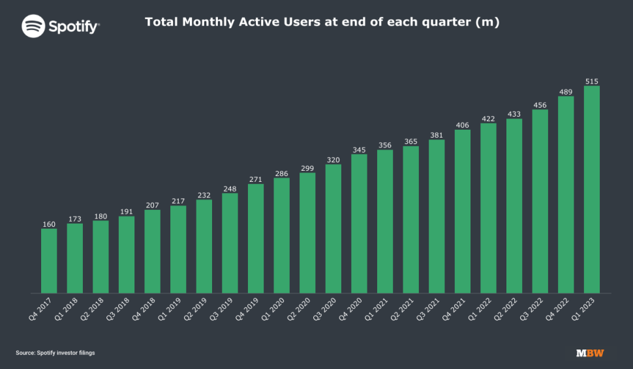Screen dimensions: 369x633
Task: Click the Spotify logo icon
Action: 33,26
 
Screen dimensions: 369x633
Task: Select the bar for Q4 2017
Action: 49,261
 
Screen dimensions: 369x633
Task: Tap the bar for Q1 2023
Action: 592,190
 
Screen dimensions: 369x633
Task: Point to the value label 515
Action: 592,81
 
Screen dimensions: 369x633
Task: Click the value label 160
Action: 49,224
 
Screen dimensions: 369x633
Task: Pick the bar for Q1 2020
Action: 281,235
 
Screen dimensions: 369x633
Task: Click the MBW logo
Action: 590,353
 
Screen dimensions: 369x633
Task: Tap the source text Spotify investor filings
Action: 55,353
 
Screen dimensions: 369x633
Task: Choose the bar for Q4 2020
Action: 359,224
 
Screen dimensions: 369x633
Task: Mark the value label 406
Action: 463,125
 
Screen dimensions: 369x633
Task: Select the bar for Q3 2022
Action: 540,201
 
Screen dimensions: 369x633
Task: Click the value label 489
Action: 566,92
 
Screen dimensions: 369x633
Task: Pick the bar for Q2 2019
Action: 204,246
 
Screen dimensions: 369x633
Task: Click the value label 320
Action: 333,160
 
